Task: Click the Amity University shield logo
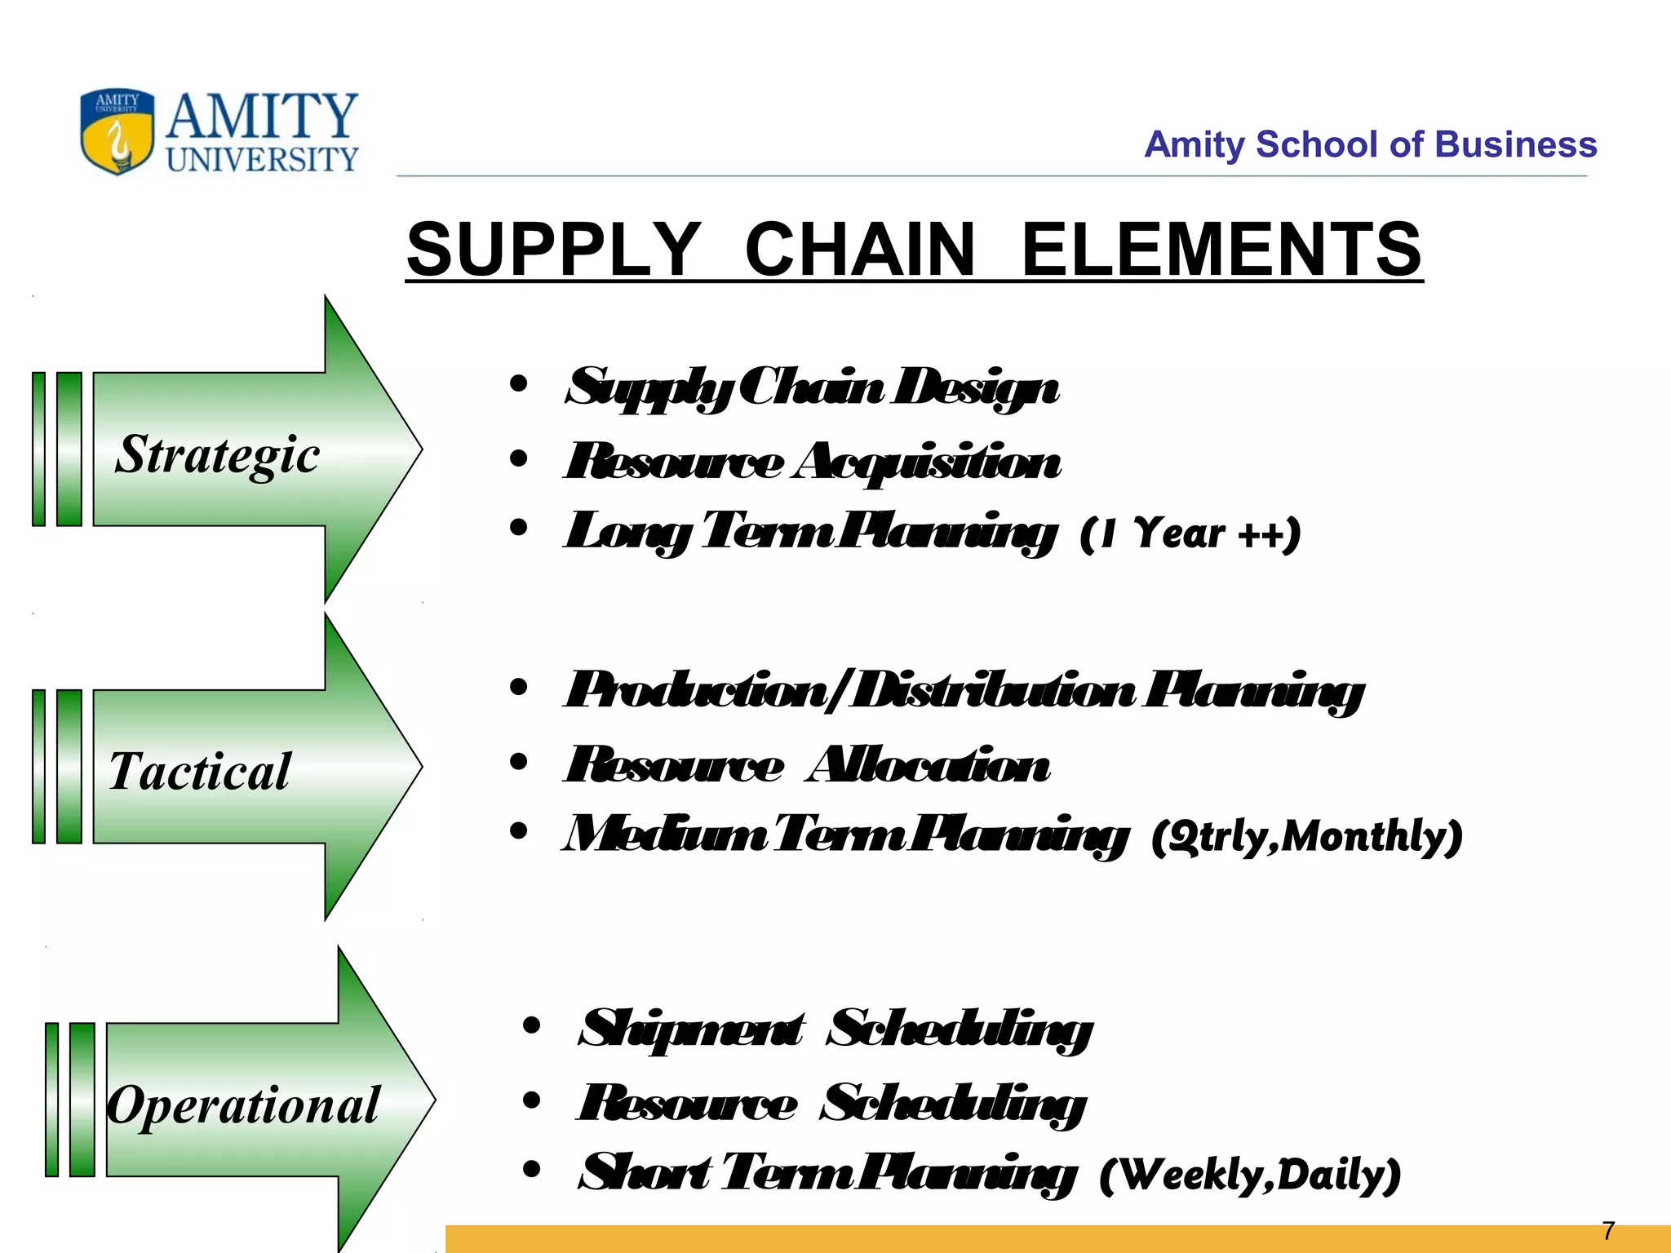[117, 131]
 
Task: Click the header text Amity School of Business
[1370, 144]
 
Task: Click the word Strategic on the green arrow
[217, 454]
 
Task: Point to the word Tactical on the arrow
[199, 771]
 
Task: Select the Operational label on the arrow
[243, 1105]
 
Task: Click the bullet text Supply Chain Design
[812, 387]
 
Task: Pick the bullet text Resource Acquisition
[812, 462]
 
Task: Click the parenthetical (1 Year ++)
[1190, 534]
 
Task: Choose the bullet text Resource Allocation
[807, 765]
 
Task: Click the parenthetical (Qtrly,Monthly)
[1306, 836]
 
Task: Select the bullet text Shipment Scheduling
[835, 1029]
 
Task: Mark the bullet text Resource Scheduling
[831, 1104]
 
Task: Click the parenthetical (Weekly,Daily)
[1250, 1175]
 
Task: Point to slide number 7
[1608, 1230]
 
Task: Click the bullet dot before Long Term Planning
[518, 528]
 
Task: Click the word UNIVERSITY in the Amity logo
[262, 158]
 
